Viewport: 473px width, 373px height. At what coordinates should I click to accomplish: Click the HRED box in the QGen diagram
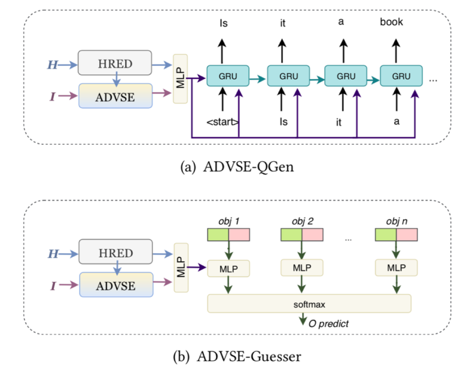pyautogui.click(x=115, y=63)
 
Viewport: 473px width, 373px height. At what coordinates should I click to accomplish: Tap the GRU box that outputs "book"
pyautogui.click(x=401, y=76)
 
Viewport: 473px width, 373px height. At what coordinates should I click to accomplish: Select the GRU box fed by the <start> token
pyautogui.click(x=227, y=76)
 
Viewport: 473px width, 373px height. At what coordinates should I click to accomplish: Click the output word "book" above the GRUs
pyautogui.click(x=392, y=21)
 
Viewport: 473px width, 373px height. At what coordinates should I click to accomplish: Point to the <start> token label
pyautogui.click(x=223, y=121)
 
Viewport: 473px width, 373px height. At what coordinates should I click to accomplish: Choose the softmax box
pyautogui.click(x=309, y=303)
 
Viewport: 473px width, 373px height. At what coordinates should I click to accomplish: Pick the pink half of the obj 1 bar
pyautogui.click(x=239, y=234)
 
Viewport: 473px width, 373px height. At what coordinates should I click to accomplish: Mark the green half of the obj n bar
pyautogui.click(x=386, y=234)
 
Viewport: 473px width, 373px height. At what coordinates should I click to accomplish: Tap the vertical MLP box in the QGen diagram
pyautogui.click(x=180, y=78)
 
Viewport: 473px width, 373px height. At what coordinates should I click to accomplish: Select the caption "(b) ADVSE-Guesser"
pyautogui.click(x=236, y=356)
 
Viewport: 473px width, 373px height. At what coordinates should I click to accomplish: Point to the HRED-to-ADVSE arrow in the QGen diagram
pyautogui.click(x=115, y=78)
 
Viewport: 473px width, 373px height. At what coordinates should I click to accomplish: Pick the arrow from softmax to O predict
pyautogui.click(x=301, y=320)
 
